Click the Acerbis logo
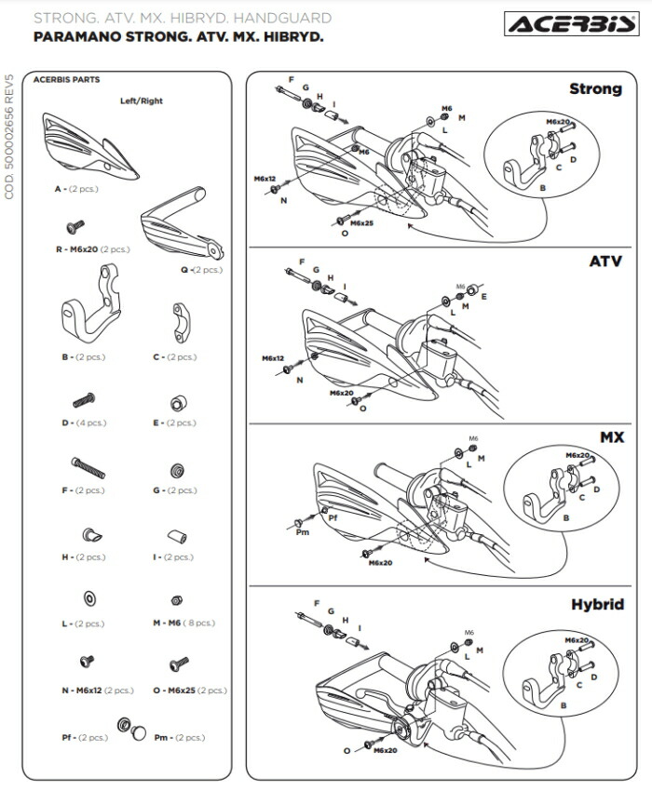[572, 23]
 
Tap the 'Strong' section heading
[595, 88]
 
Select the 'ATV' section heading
[605, 261]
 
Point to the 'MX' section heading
[612, 436]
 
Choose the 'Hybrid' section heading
[597, 604]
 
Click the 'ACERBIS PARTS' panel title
[67, 80]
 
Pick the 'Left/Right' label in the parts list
[142, 101]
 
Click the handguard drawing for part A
[90, 147]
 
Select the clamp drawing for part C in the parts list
[180, 323]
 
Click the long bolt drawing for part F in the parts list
[88, 468]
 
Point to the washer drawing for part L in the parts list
[89, 598]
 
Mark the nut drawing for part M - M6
[177, 600]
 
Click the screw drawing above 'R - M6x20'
[75, 227]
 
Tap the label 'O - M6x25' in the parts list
[174, 690]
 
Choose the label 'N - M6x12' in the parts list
[82, 690]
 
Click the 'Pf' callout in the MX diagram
[333, 517]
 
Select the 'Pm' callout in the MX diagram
[303, 532]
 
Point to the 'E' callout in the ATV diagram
[483, 297]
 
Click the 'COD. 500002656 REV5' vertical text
[9, 137]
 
